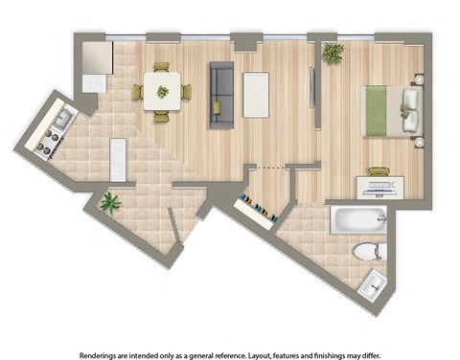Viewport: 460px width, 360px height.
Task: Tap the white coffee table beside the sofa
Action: (x=257, y=93)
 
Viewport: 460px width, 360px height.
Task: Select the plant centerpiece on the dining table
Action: (x=162, y=92)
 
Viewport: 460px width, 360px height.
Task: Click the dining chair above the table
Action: (x=161, y=68)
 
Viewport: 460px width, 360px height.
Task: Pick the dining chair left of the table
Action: (x=138, y=93)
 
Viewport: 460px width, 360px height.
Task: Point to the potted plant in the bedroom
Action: (x=333, y=54)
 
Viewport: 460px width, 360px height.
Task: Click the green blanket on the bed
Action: (x=374, y=109)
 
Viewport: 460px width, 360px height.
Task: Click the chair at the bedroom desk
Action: (x=379, y=172)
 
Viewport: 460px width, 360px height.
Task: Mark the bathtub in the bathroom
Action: (x=357, y=221)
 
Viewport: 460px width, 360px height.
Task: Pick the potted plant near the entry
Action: (x=111, y=202)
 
